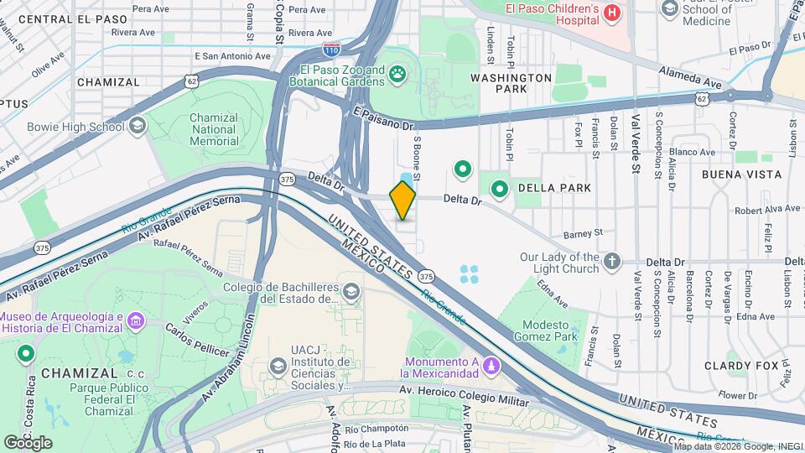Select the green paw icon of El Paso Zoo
coord(397,77)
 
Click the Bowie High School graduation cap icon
coord(138,127)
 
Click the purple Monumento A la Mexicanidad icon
coord(491,366)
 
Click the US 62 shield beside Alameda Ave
coord(700,99)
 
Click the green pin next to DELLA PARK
coord(500,189)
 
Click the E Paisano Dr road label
coord(384,118)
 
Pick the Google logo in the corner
coord(28,442)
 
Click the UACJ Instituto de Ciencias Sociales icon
coord(278,367)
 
